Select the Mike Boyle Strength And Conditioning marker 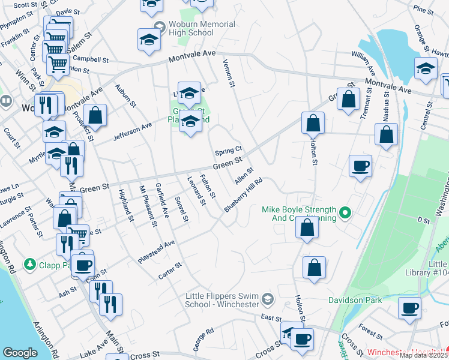coord(345,212)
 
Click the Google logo coord(20,353)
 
